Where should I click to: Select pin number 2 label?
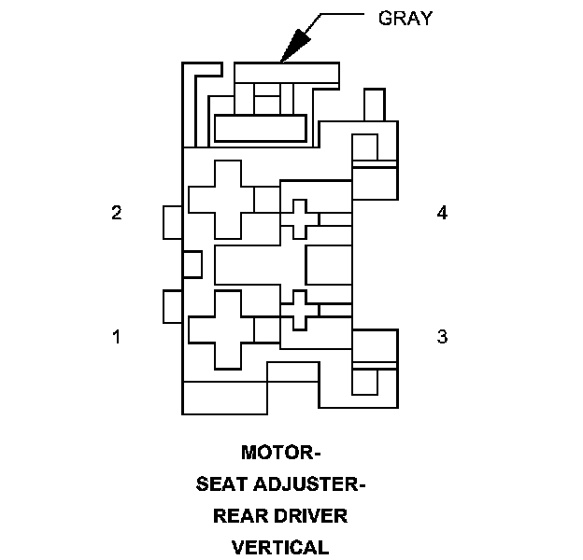click(x=117, y=213)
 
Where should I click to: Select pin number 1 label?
click(x=117, y=336)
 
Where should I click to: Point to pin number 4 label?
click(x=443, y=213)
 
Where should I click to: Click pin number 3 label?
click(x=443, y=336)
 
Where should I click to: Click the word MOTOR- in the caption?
click(x=281, y=454)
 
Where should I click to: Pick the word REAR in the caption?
click(x=239, y=516)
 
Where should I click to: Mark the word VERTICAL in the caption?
click(x=281, y=547)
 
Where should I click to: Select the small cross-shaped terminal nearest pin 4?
click(x=298, y=219)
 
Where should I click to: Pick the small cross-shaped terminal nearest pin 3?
click(x=298, y=310)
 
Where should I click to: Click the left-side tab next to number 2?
click(x=172, y=222)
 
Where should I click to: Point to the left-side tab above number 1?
click(x=172, y=306)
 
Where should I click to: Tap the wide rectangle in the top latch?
click(x=261, y=128)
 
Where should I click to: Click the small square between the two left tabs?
click(x=192, y=264)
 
